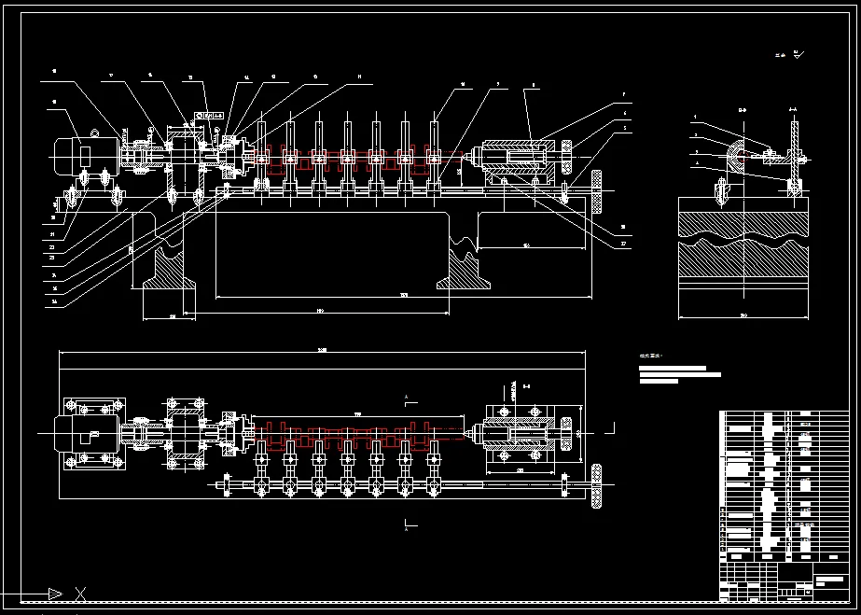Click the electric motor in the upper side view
pos(82,152)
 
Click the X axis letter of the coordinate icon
pos(81,594)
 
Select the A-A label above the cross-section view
pos(793,110)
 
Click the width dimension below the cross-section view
pos(743,315)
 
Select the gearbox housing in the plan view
pos(184,435)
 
